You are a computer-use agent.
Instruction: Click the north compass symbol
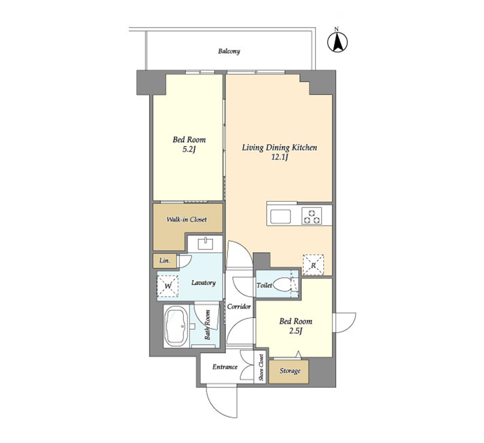(x=337, y=42)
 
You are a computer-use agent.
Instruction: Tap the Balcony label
(x=229, y=51)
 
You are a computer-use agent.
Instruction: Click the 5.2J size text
(x=189, y=150)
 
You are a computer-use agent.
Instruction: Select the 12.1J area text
(x=279, y=158)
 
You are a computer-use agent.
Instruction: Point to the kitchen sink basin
(x=280, y=216)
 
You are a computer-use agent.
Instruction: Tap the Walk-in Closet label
(x=187, y=219)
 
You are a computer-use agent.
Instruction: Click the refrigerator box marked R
(x=313, y=264)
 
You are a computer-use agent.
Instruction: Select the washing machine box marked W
(x=167, y=286)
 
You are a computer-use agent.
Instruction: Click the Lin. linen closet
(x=165, y=261)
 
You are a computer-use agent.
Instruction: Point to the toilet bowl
(x=282, y=285)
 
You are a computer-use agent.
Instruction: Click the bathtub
(x=176, y=327)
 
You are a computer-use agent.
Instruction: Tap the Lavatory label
(x=203, y=283)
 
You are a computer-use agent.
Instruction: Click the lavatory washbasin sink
(x=205, y=244)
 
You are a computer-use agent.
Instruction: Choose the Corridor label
(x=239, y=307)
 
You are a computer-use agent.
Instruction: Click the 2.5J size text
(x=295, y=332)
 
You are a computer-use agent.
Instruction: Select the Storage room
(x=288, y=372)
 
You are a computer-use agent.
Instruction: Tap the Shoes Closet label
(x=261, y=367)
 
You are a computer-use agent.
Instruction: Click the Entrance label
(x=225, y=367)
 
